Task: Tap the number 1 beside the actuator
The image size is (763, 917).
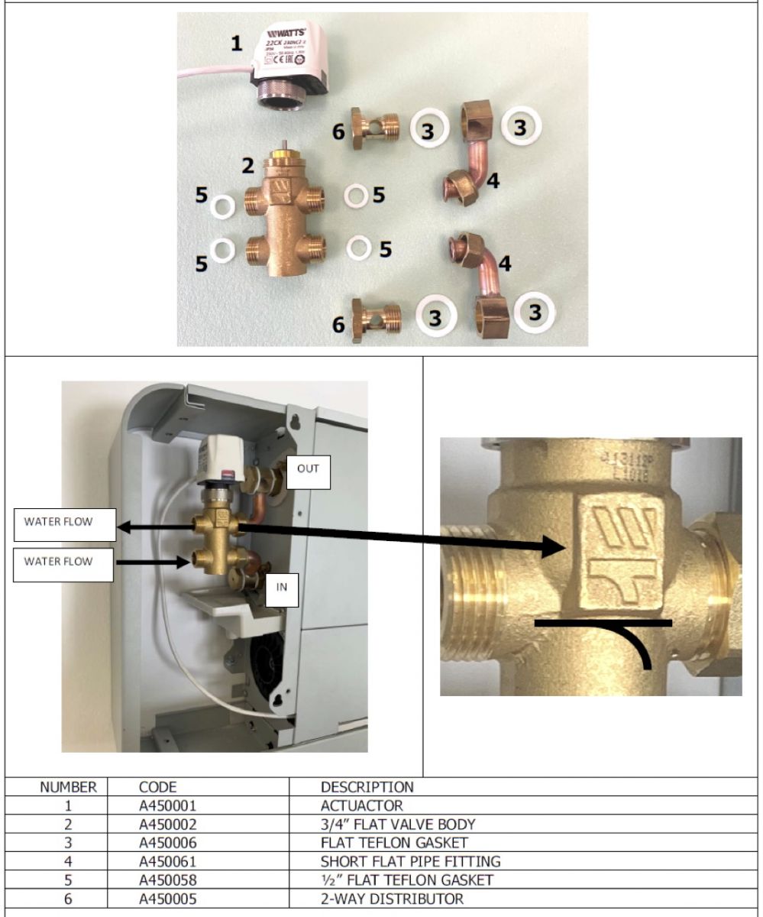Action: coord(238,44)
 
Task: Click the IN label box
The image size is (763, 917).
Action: coord(281,588)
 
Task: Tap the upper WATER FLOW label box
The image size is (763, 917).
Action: coord(64,524)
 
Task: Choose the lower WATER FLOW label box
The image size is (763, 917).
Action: coord(64,562)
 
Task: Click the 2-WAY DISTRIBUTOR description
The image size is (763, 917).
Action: coord(391,899)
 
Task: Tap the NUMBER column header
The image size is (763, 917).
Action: coord(68,787)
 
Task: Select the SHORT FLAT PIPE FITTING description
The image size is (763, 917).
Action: coord(410,862)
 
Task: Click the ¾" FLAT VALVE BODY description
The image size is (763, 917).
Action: coord(397,825)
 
